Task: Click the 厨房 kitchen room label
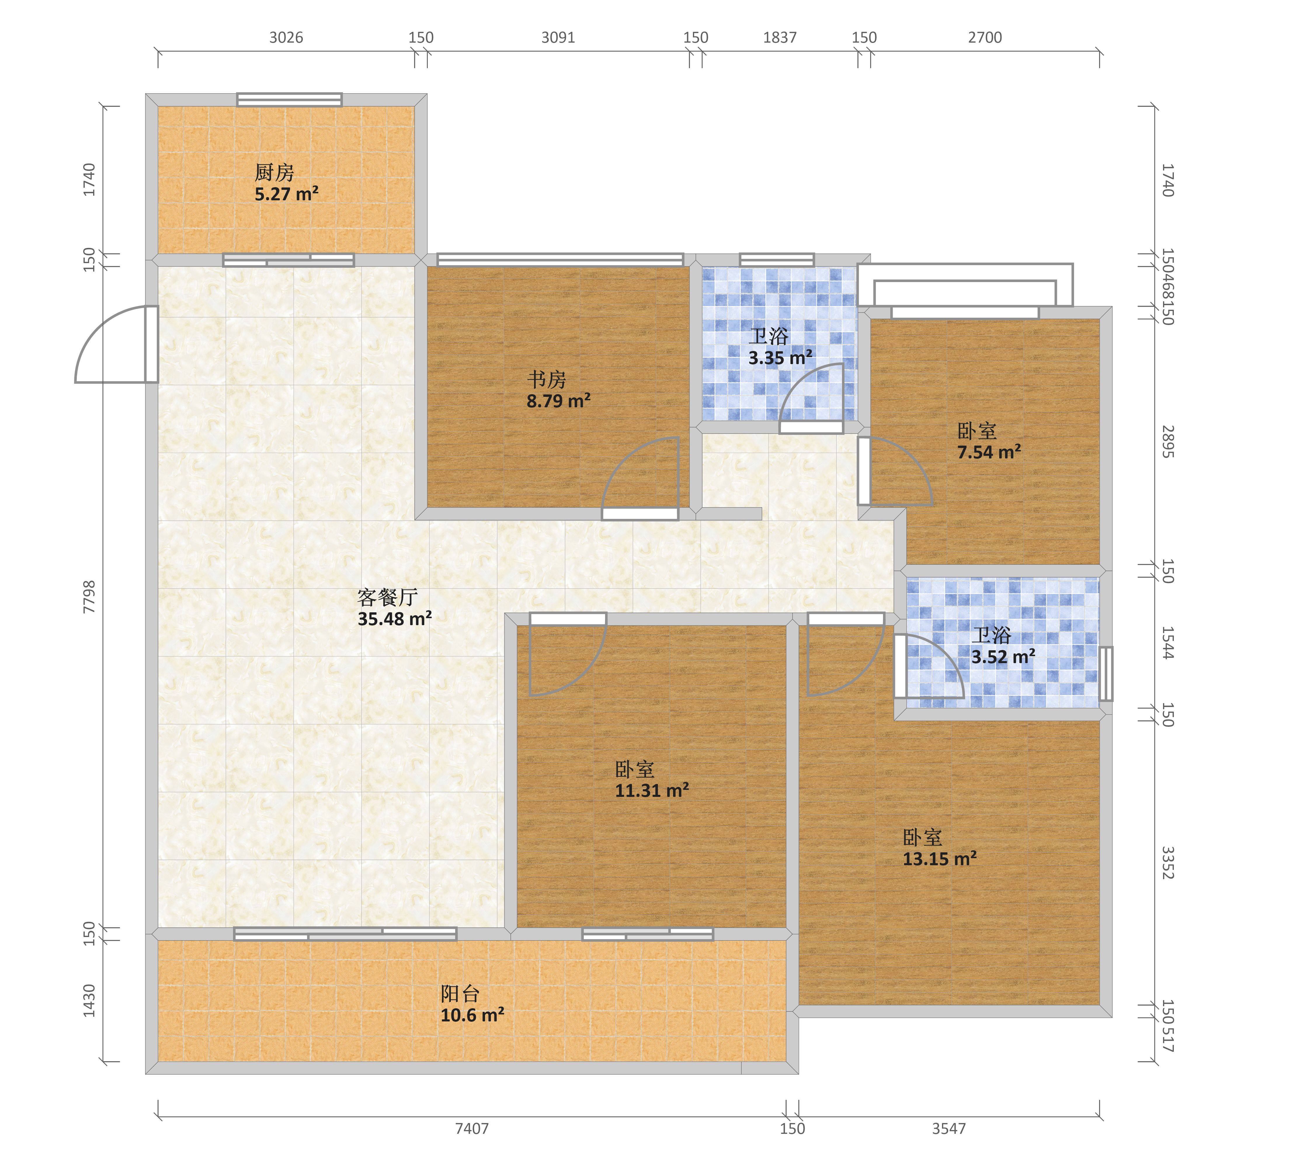click(x=274, y=172)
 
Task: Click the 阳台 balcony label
click(x=460, y=994)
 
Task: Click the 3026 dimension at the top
click(x=286, y=37)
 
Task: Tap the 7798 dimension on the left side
click(x=89, y=597)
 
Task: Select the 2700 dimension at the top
click(x=985, y=37)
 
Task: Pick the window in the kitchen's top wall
click(x=289, y=100)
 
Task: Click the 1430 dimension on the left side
click(x=89, y=1001)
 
